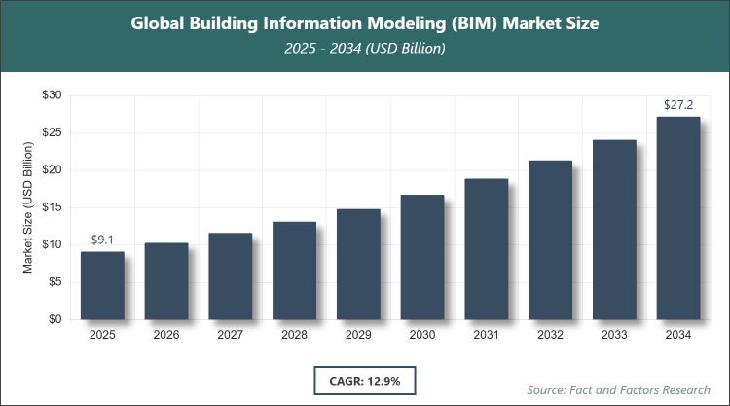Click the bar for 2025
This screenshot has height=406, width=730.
(x=102, y=285)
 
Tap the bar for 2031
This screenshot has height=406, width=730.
(x=486, y=249)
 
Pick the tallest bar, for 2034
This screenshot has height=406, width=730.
(x=677, y=218)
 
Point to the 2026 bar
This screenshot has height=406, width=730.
(x=166, y=280)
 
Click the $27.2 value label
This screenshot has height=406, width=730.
(x=677, y=104)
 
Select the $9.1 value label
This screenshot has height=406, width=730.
(x=102, y=239)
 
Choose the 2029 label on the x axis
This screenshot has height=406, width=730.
(x=358, y=335)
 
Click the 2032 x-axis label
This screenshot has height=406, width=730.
(x=550, y=335)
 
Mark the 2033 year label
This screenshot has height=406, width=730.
(x=614, y=335)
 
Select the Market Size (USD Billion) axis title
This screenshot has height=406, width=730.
(x=29, y=206)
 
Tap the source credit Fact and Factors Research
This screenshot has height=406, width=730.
(x=617, y=389)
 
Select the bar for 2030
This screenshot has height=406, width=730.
(x=422, y=257)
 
